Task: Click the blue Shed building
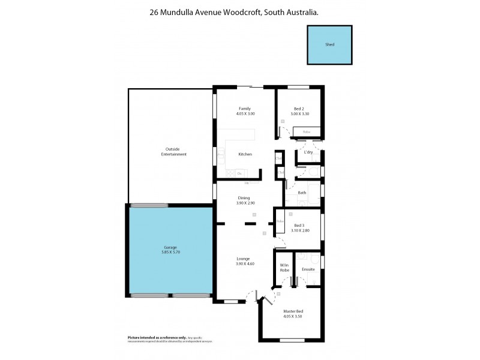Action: point(330,45)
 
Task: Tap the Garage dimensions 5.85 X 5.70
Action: point(171,253)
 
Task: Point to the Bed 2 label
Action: point(299,109)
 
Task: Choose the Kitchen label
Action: point(245,155)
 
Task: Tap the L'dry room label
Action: point(308,152)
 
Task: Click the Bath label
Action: point(302,193)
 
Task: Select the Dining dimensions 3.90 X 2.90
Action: point(244,203)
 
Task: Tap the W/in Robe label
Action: point(284,268)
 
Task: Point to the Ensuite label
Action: point(308,269)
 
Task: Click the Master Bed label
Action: point(293,311)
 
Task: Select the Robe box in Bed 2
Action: point(306,131)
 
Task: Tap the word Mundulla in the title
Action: point(180,11)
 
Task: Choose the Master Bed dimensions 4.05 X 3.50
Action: point(293,316)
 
